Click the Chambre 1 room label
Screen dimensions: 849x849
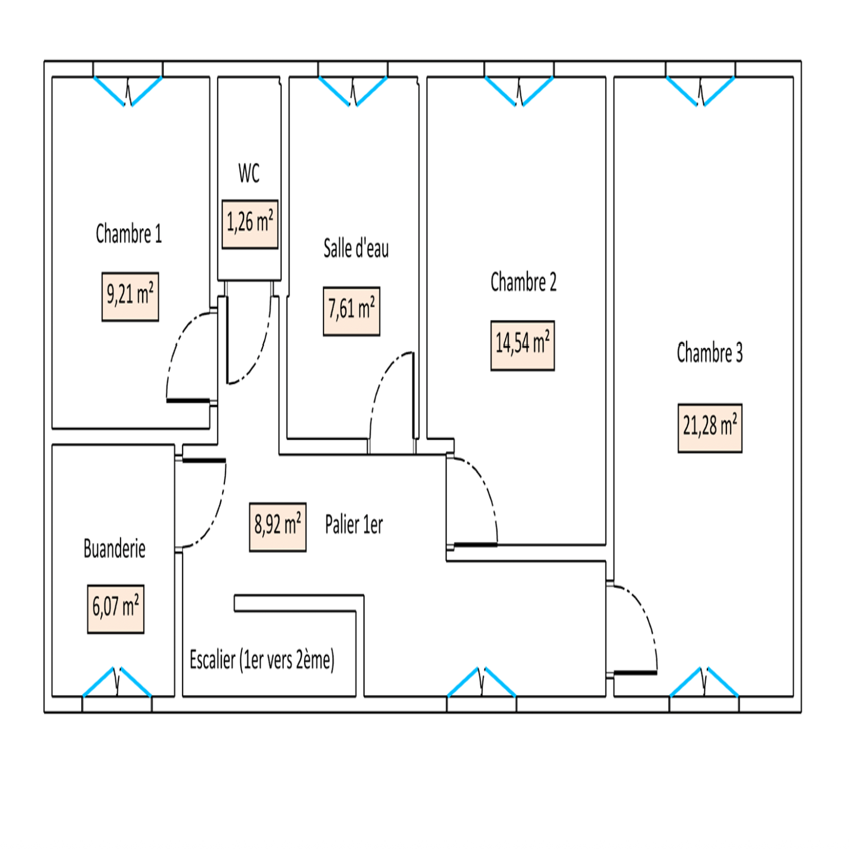(x=128, y=234)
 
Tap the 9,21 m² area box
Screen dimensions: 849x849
(x=130, y=297)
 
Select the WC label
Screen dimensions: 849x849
(x=249, y=174)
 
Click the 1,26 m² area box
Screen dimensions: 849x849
(x=250, y=224)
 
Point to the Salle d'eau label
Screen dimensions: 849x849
(x=356, y=248)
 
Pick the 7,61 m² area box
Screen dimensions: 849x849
(x=351, y=311)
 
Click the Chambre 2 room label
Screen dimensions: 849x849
(x=523, y=282)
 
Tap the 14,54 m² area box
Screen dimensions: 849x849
(x=522, y=345)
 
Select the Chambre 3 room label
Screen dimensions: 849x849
(x=709, y=353)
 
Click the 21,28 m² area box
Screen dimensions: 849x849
(x=709, y=428)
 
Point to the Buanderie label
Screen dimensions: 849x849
(x=115, y=549)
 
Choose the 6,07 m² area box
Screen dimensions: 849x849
(x=116, y=609)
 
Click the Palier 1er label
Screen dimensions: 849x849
(x=354, y=525)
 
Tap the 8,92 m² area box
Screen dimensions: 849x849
(x=278, y=527)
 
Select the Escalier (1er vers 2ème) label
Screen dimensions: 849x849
(x=262, y=660)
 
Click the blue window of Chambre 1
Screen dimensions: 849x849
(x=128, y=91)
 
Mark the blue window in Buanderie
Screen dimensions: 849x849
(x=117, y=682)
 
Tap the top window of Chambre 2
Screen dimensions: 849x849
(x=519, y=91)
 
